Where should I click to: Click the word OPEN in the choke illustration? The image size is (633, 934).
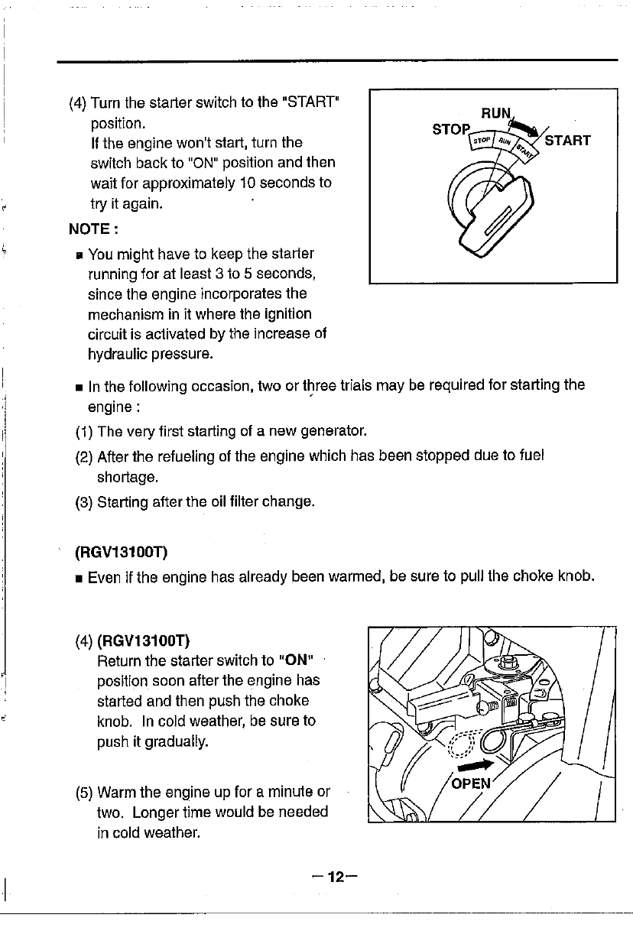click(x=472, y=783)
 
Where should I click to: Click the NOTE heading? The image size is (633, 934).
click(x=91, y=229)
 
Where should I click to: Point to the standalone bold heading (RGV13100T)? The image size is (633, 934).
click(x=122, y=551)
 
